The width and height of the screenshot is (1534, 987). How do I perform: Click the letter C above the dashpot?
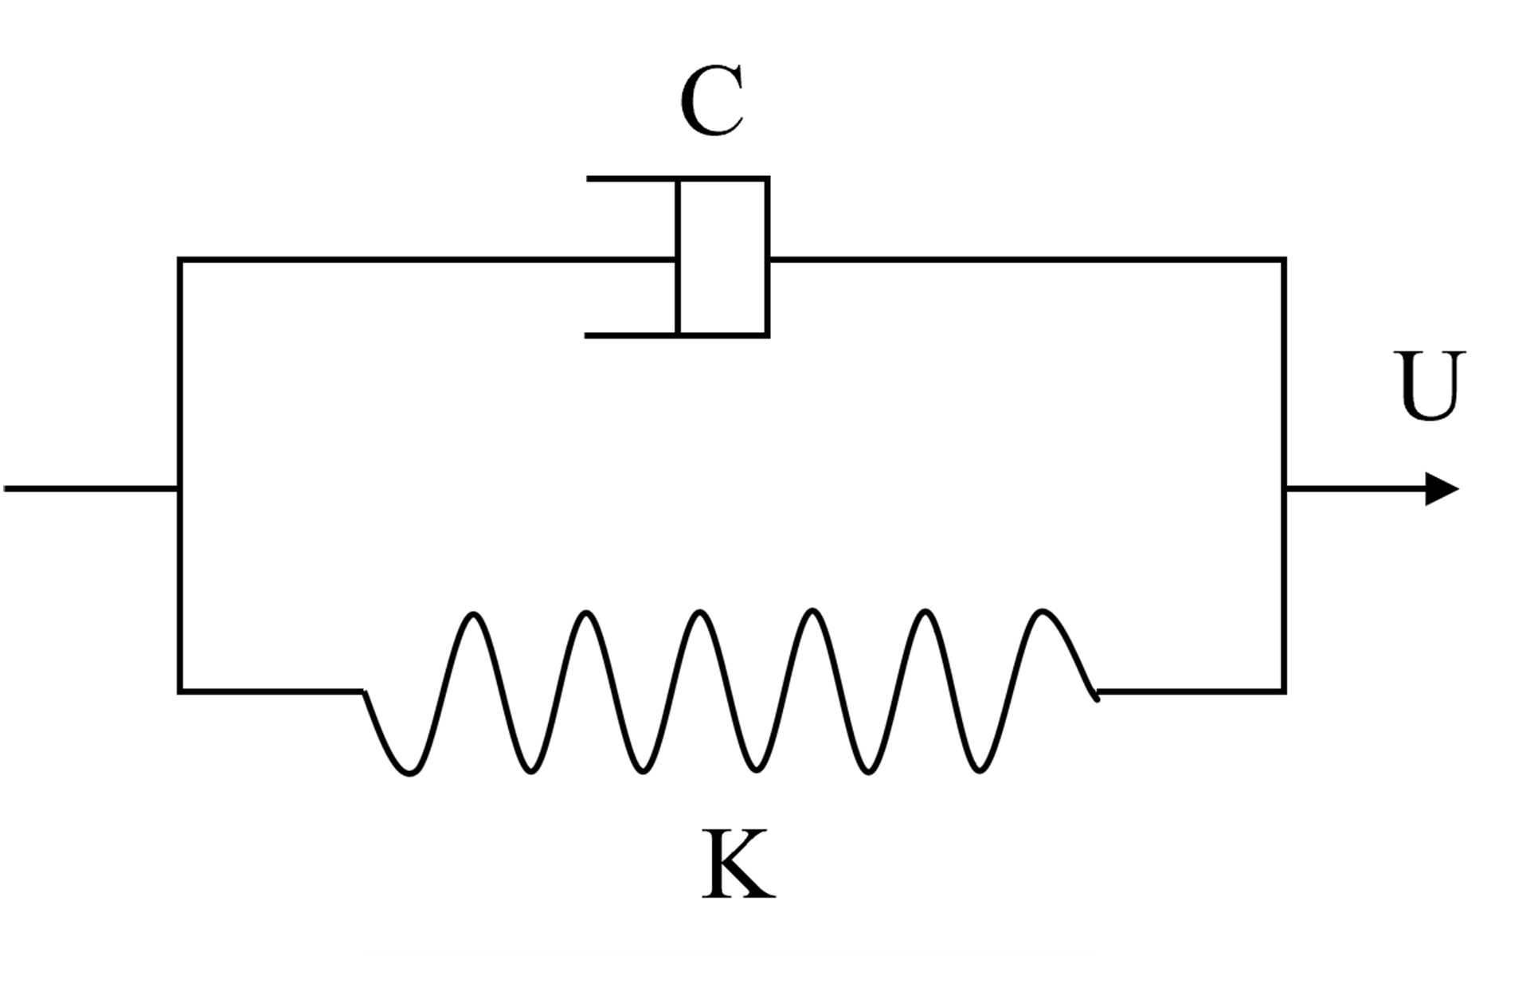click(712, 102)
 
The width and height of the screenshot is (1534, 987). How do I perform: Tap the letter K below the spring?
click(738, 865)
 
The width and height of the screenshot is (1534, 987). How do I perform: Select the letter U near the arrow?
click(1430, 386)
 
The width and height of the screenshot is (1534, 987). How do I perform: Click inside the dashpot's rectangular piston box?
click(723, 257)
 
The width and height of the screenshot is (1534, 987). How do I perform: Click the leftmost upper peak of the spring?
click(474, 614)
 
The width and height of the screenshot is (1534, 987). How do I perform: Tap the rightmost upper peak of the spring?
click(1042, 612)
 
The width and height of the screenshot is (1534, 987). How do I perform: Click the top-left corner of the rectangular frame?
click(180, 260)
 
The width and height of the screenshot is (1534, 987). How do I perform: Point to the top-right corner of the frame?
click(1284, 260)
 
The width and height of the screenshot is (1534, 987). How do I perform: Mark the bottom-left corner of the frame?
click(180, 691)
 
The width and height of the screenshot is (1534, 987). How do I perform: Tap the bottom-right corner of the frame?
click(1284, 691)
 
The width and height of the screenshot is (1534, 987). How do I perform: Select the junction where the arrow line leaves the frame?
click(1285, 488)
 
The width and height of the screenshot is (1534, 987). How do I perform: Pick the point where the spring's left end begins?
click(364, 691)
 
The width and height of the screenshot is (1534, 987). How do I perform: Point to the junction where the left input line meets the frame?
click(180, 488)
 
